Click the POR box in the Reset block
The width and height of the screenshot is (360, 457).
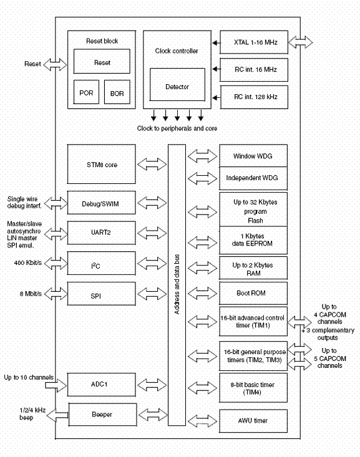(x=86, y=92)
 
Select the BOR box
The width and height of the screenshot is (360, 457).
(x=117, y=92)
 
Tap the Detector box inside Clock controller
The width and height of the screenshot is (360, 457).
(x=177, y=85)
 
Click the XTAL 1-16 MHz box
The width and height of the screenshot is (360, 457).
(x=254, y=42)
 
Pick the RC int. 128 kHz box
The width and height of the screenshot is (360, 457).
(x=254, y=97)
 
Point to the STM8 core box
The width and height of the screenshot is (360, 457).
(x=102, y=164)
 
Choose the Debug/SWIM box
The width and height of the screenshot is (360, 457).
(x=102, y=203)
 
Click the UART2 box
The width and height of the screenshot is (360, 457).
(x=102, y=233)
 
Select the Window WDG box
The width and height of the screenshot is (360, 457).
(x=253, y=156)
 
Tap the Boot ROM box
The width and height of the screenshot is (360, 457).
(x=253, y=293)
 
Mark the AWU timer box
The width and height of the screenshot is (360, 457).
(x=253, y=421)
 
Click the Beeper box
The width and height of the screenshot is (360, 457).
(x=103, y=415)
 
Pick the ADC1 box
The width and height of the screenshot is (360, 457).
(x=102, y=385)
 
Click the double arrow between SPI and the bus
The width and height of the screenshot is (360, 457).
(x=152, y=294)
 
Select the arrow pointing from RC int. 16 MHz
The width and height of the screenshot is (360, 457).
(x=216, y=69)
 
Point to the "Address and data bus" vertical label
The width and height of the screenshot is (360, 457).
(x=177, y=284)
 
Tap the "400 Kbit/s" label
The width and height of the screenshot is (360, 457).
(x=28, y=263)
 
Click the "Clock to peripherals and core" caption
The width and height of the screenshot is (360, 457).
(x=177, y=128)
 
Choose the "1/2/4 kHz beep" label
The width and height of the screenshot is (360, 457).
(x=32, y=414)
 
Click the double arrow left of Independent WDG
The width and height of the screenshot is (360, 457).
(x=203, y=178)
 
